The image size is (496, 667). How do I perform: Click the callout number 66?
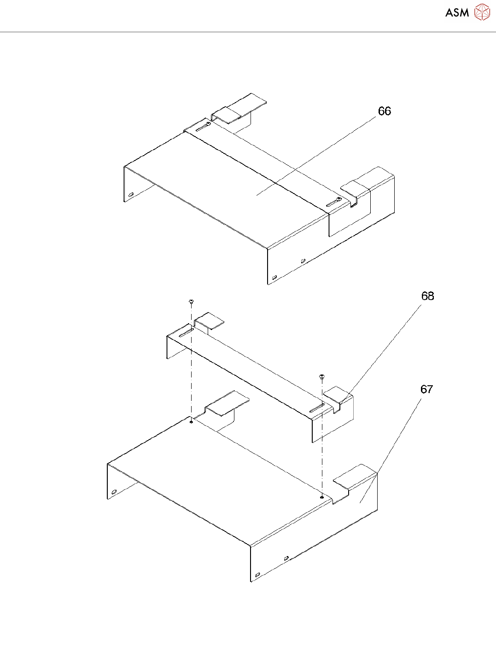[384, 111]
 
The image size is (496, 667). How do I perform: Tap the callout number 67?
[426, 389]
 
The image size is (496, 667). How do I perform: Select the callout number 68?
[427, 296]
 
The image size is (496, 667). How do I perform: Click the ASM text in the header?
[457, 13]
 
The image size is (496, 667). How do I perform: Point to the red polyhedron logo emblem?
[482, 12]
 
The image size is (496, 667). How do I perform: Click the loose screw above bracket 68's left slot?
[191, 302]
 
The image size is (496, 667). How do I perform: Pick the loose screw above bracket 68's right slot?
[321, 377]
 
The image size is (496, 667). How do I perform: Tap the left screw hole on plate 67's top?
[191, 421]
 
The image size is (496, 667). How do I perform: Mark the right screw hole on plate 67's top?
[321, 497]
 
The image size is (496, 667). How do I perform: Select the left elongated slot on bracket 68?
[185, 333]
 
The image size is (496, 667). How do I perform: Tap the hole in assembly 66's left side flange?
[131, 195]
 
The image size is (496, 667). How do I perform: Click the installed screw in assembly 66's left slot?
[209, 124]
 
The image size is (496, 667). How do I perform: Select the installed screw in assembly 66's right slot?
[338, 199]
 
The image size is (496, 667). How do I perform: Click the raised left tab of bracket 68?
[210, 319]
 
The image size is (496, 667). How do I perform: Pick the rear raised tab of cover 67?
[228, 401]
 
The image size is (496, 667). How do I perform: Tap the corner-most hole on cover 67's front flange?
[257, 574]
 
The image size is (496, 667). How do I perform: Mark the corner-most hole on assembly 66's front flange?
[274, 278]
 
